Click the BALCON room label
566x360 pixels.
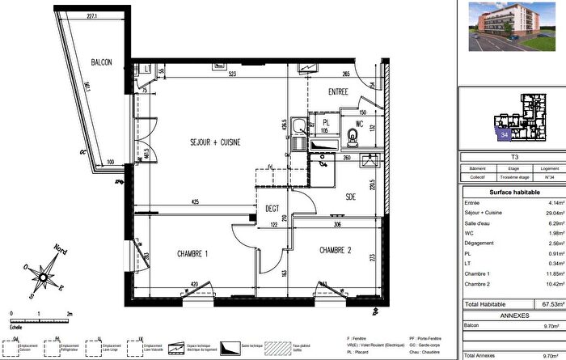(x=101, y=62)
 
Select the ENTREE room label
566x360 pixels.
(x=337, y=92)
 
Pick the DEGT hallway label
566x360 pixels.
(x=272, y=208)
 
